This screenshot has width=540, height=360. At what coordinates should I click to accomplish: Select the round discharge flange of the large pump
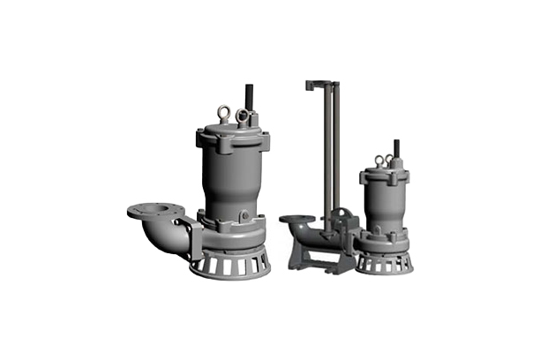click(x=155, y=211)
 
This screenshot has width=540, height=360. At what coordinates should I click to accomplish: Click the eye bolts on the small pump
click(x=383, y=161)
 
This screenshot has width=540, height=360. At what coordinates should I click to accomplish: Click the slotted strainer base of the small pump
click(x=384, y=262)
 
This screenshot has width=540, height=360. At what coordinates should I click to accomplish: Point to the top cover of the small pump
click(x=385, y=175)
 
